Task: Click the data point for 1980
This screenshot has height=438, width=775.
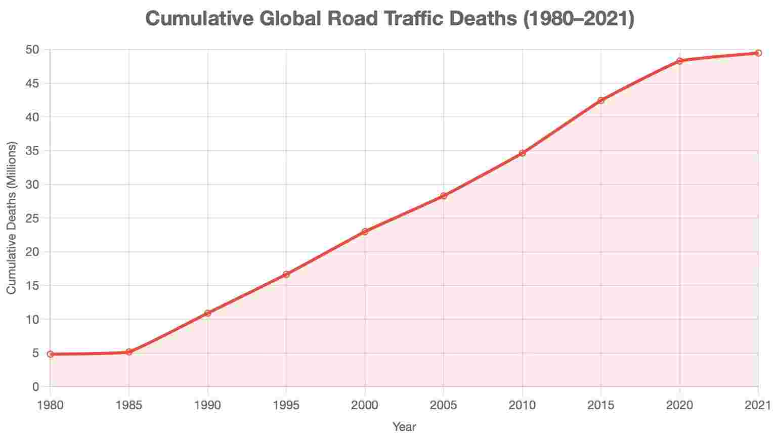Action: [x=50, y=354]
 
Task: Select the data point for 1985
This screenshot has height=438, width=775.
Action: [x=129, y=352]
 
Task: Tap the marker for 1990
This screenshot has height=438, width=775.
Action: [x=207, y=313]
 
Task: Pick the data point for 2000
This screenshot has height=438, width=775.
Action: [x=365, y=232]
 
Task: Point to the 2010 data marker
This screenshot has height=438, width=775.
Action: [x=522, y=153]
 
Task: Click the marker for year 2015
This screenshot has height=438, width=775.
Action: [x=601, y=100]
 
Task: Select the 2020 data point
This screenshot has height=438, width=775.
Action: [x=679, y=61]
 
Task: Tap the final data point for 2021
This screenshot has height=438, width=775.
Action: [x=758, y=53]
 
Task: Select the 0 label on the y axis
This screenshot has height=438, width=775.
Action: [x=35, y=387]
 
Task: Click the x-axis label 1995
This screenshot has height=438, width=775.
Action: [x=286, y=405]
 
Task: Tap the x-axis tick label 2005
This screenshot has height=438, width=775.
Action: [x=444, y=405]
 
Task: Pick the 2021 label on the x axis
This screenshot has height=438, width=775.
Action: [x=758, y=405]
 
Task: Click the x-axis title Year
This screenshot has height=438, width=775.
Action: [x=404, y=427]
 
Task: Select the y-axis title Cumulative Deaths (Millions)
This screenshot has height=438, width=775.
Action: [x=12, y=218]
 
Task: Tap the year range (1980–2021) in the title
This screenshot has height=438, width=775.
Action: [x=577, y=19]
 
